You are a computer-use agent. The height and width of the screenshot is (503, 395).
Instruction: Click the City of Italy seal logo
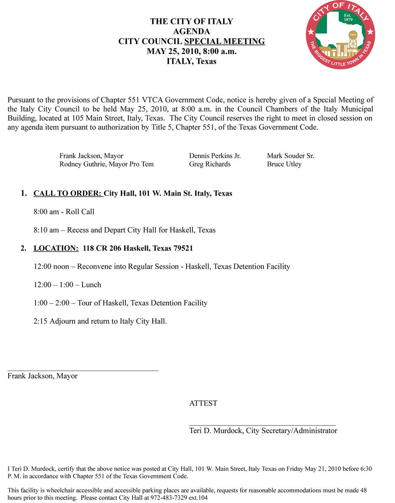tap(340, 35)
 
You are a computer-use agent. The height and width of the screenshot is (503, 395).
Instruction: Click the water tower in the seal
tap(353, 41)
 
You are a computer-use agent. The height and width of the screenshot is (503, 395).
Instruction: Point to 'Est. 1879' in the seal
tap(348, 18)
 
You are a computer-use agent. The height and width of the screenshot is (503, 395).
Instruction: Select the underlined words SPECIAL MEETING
tap(224, 41)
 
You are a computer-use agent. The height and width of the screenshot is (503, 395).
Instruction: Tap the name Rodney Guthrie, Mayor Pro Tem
tap(107, 164)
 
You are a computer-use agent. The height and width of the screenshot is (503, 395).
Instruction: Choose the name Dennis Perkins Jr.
tap(215, 156)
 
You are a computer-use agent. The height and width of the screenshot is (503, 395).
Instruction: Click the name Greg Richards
tap(210, 164)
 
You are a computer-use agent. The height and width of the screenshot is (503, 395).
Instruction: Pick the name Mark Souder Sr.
tap(291, 156)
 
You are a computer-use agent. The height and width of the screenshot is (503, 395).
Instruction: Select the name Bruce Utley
tap(284, 164)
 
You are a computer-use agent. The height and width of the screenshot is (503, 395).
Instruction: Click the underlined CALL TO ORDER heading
tap(68, 194)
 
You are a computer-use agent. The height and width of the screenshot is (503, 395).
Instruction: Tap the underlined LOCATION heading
tap(56, 248)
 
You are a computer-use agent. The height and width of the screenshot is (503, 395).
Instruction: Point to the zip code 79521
tap(183, 248)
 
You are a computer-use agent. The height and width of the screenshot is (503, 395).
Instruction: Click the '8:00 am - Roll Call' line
tap(64, 212)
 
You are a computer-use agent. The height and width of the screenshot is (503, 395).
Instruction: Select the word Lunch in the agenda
tap(91, 285)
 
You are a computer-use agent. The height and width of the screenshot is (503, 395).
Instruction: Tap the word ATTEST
tap(203, 404)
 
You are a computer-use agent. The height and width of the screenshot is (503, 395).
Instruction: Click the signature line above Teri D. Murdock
tap(262, 425)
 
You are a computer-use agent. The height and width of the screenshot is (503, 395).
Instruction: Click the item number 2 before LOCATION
tap(23, 248)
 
